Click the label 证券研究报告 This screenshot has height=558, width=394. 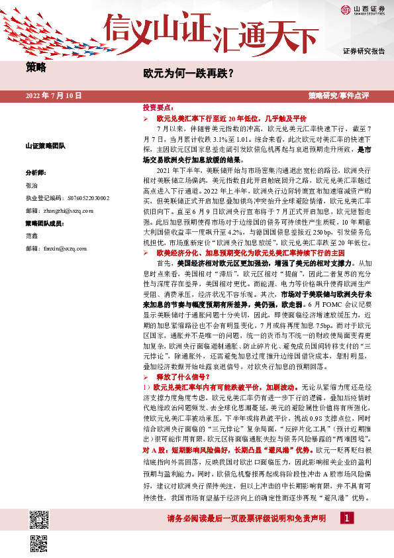[363, 51]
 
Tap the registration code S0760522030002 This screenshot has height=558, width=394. [68, 197]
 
